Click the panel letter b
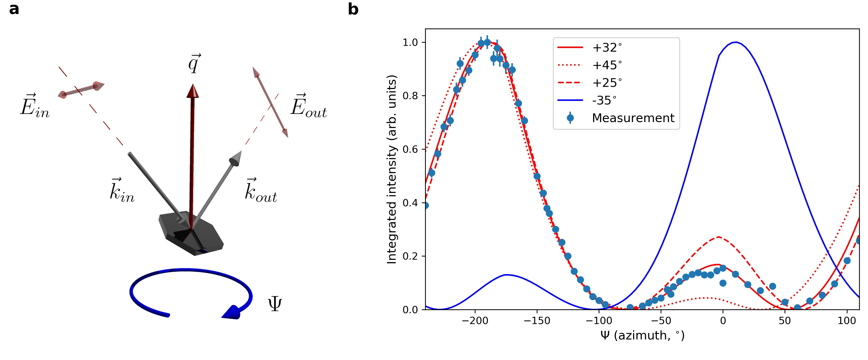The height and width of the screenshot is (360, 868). [x=353, y=9]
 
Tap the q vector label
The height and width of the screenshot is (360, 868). [x=194, y=63]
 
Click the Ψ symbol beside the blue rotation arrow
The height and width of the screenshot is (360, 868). [x=275, y=304]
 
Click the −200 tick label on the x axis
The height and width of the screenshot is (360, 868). [x=475, y=321]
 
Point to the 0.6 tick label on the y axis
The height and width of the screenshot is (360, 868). [x=410, y=149]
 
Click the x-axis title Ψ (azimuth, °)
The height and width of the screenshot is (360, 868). [x=642, y=335]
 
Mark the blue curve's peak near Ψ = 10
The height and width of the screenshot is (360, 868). [x=736, y=42]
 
